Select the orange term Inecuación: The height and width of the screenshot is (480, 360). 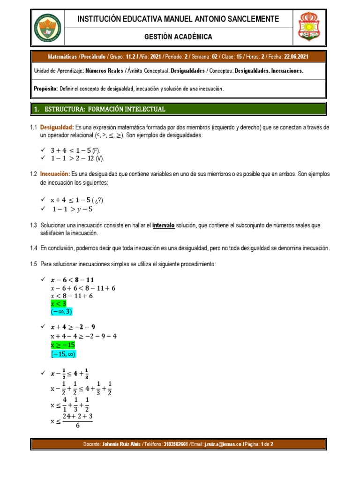(x=54, y=174)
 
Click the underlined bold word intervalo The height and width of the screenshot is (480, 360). (x=164, y=225)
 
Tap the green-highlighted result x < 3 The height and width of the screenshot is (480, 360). (x=59, y=303)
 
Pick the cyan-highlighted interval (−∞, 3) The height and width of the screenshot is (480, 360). (x=62, y=312)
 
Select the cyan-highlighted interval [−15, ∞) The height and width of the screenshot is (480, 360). (x=63, y=354)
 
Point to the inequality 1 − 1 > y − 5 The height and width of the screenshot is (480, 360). (x=72, y=209)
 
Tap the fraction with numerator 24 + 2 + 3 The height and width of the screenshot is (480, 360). (x=77, y=420)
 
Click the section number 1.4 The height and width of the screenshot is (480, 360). (x=33, y=248)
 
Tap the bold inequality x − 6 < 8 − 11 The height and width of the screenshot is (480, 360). (x=72, y=280)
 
